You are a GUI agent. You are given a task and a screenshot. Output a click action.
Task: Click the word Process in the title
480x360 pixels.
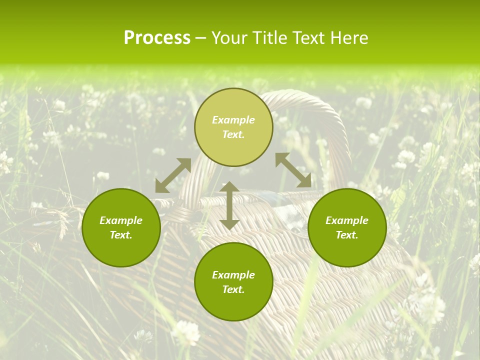157,38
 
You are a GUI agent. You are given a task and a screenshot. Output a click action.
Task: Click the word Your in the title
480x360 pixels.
230,38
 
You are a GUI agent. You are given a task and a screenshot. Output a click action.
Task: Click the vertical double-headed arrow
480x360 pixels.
229,205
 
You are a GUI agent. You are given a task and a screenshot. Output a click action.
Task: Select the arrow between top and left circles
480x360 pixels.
173,175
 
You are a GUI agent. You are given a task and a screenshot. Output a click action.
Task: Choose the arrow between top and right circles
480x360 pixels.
293,170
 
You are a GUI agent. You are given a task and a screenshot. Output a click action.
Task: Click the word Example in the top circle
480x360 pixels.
233,120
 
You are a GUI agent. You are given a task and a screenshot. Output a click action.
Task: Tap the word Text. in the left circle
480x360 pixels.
121,235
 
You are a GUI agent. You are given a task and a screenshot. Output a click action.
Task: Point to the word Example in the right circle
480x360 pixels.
347,220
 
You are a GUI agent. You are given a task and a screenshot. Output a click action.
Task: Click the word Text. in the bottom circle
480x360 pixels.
233,289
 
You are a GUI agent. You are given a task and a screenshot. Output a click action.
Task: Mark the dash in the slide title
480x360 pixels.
201,38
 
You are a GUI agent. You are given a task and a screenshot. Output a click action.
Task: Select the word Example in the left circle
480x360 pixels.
121,220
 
